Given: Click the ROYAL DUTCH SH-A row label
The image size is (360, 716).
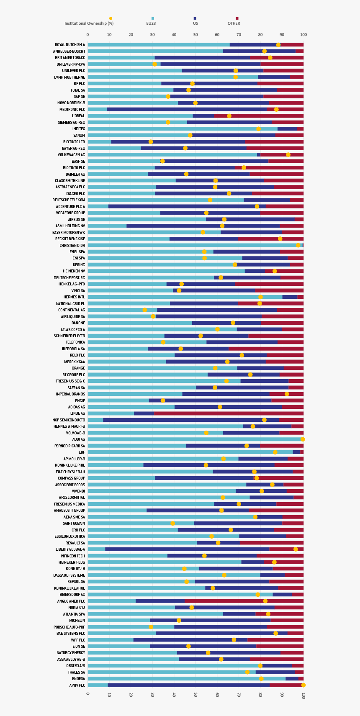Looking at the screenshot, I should pyautogui.click(x=70, y=45).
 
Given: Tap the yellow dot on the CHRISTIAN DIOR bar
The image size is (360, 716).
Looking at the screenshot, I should pyautogui.click(x=298, y=245).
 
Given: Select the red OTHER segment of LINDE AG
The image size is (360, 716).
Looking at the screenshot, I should pyautogui.click(x=229, y=413).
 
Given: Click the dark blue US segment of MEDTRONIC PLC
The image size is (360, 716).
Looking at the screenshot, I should pyautogui.click(x=187, y=110).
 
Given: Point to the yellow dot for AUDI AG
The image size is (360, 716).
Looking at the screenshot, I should pyautogui.click(x=303, y=439).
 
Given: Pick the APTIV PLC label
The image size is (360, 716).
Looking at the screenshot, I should pyautogui.click(x=77, y=685).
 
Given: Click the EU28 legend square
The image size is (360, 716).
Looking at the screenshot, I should pyautogui.click(x=153, y=18).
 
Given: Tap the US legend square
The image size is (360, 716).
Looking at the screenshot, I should pyautogui.click(x=195, y=18).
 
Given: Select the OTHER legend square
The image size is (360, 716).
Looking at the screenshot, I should pyautogui.click(x=237, y=18).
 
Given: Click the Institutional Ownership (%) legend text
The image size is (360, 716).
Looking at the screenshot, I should pyautogui.click(x=89, y=23).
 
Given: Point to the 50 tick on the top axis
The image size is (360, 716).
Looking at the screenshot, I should pyautogui.click(x=195, y=35).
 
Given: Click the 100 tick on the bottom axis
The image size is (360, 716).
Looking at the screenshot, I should pyautogui.click(x=303, y=695).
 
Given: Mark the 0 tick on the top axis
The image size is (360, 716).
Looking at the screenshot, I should pyautogui.click(x=87, y=35).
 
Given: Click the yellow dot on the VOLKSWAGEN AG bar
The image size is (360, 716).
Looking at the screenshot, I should pyautogui.click(x=288, y=155).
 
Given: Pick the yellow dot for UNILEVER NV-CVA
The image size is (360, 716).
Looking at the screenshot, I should pyautogui.click(x=155, y=64).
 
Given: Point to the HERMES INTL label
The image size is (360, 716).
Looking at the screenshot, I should pyautogui.click(x=74, y=297).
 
